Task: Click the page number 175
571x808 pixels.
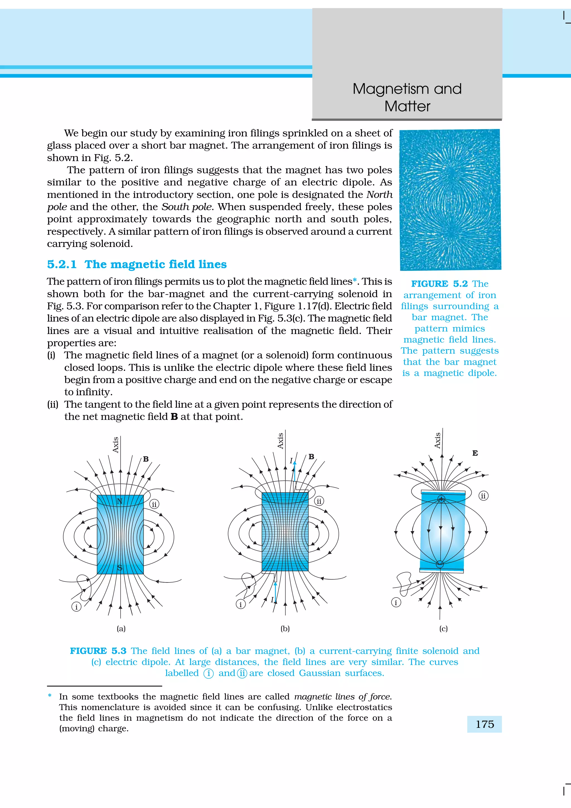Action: (485, 724)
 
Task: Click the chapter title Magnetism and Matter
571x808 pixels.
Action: (407, 98)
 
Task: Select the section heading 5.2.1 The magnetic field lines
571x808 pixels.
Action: (137, 264)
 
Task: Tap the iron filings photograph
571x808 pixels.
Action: (450, 200)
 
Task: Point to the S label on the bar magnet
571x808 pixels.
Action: (120, 568)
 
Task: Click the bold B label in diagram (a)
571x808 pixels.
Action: (146, 459)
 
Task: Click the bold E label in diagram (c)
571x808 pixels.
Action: (475, 453)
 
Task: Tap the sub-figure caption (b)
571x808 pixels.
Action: (285, 628)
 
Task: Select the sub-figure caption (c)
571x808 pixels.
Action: (443, 628)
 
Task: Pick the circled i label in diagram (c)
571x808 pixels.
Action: (396, 603)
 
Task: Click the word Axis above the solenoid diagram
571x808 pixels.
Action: (280, 441)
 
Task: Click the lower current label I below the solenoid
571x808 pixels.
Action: (272, 600)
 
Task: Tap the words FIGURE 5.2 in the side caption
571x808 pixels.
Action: (439, 284)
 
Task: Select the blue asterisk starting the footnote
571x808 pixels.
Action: (50, 696)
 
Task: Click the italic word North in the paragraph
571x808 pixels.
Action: (379, 195)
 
